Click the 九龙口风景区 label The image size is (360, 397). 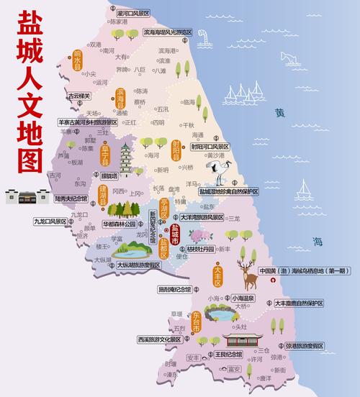pyautogui.click(x=50, y=222)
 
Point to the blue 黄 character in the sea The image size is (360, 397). pyautogui.click(x=279, y=114)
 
